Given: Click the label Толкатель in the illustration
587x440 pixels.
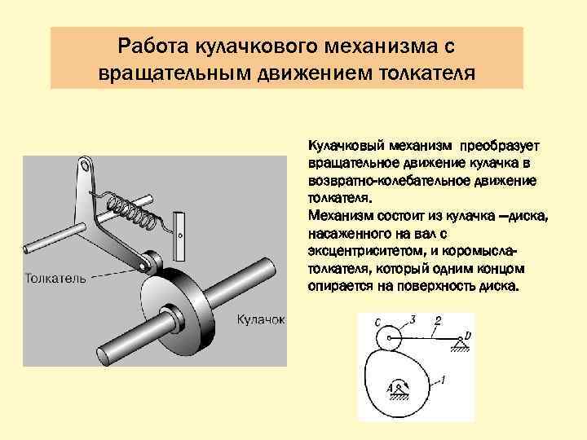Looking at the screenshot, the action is click(x=55, y=278).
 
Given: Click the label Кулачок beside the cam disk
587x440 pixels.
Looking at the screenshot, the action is click(x=261, y=319).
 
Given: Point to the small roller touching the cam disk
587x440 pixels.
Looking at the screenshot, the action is click(x=149, y=262).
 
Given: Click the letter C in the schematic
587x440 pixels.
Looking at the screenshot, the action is click(x=377, y=323).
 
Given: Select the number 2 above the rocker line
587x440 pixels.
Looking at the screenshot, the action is click(x=438, y=321).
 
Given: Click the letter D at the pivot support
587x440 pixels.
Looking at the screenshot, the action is click(x=468, y=333).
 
